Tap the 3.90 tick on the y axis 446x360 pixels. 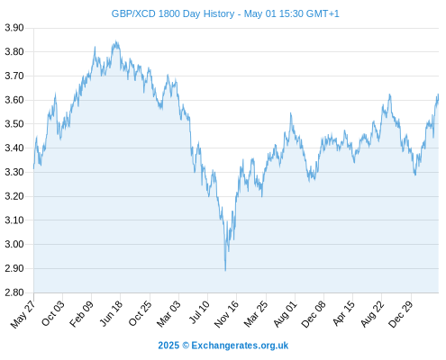[x=14, y=28]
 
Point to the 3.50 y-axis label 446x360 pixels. [x=14, y=124]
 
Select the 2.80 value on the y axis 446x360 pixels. [x=14, y=292]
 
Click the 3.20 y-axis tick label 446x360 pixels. [x=14, y=196]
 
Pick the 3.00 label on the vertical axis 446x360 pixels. [x=14, y=244]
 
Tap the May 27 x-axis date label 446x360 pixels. [x=23, y=314]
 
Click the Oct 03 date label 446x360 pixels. [x=53, y=313]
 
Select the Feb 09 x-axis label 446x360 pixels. [x=81, y=314]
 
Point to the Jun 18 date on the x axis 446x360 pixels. [x=111, y=313]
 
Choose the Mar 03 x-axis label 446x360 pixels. [x=168, y=314]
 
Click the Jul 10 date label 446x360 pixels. [x=199, y=312]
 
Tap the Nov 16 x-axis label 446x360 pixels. [x=226, y=314]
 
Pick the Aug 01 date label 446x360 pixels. [x=286, y=314]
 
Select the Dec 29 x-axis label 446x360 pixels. [x=401, y=314]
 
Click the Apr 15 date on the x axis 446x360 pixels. [x=343, y=313]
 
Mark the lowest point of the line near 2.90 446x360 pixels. [x=225, y=270]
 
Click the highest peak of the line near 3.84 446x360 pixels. [x=116, y=41]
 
